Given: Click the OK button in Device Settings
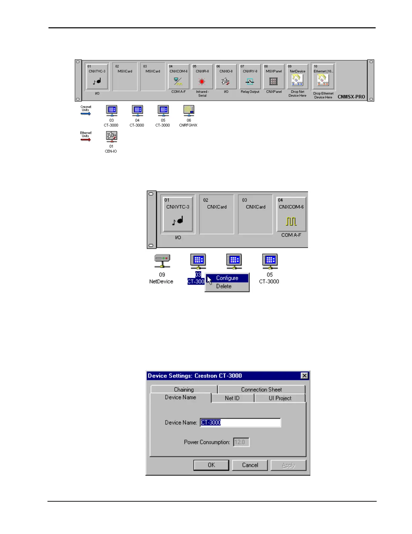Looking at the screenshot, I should [211, 465].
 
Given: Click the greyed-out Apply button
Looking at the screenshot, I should [288, 465].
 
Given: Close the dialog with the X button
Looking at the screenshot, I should [304, 376].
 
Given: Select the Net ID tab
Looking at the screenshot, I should [232, 398].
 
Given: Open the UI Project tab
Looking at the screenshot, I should [280, 398].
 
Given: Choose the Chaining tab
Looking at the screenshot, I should [184, 389].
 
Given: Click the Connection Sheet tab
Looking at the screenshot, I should [261, 389].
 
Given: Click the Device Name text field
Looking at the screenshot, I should [240, 422].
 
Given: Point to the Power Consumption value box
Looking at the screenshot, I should [241, 442].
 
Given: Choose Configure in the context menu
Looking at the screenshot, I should [227, 278].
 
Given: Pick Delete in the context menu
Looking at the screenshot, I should [224, 286].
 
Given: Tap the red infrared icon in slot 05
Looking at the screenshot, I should [202, 82].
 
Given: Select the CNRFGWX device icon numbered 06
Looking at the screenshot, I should [189, 110].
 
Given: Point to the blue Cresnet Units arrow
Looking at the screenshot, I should [86, 114].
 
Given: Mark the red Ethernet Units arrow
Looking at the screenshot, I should [86, 140].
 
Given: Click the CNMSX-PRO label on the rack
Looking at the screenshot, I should [351, 97].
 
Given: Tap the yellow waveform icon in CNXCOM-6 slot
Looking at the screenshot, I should [291, 221].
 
